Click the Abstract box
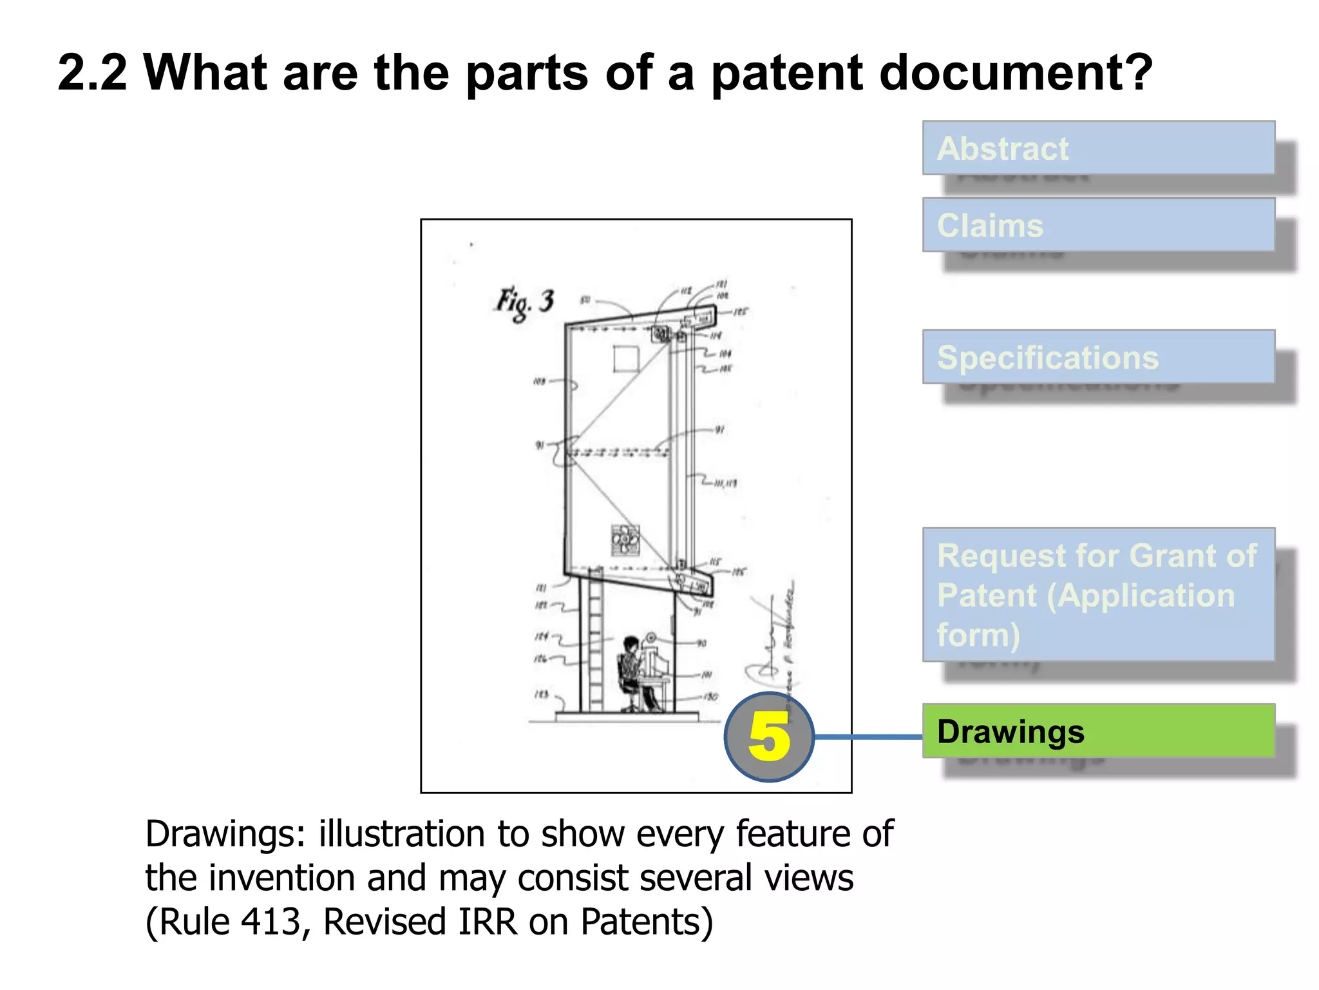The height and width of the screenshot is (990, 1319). pyautogui.click(x=1098, y=148)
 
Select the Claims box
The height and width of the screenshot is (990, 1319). pyautogui.click(x=1098, y=225)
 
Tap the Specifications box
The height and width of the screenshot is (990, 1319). pyautogui.click(x=1098, y=357)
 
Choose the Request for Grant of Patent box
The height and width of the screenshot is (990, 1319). pyautogui.click(x=1098, y=594)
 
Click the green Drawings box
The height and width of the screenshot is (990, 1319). pyautogui.click(x=1098, y=731)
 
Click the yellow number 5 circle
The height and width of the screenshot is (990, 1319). pyautogui.click(x=769, y=737)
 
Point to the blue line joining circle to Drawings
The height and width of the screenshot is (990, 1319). pyautogui.click(x=868, y=737)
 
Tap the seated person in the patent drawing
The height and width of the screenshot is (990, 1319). pyautogui.click(x=634, y=670)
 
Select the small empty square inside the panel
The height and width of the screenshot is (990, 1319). pyautogui.click(x=626, y=358)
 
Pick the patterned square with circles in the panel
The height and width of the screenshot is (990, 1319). pyautogui.click(x=625, y=539)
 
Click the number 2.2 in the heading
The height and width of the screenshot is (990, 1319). pyautogui.click(x=93, y=73)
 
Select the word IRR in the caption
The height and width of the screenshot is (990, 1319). pyautogui.click(x=488, y=921)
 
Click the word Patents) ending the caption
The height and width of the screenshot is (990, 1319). pyautogui.click(x=647, y=921)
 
